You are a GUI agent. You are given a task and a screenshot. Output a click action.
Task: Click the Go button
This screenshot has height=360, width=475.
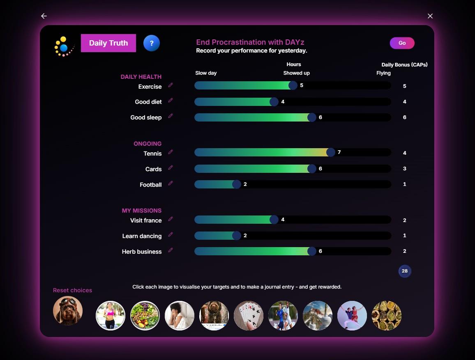[402, 43]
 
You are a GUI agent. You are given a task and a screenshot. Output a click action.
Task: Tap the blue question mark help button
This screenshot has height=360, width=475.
[152, 43]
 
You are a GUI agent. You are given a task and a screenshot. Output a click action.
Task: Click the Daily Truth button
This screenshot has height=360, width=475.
[108, 43]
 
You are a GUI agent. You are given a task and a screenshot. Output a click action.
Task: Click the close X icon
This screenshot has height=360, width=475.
[430, 16]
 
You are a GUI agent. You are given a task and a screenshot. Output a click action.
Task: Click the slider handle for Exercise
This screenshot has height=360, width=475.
[293, 85]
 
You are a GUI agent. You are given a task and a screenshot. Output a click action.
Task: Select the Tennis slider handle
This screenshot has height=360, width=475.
[331, 152]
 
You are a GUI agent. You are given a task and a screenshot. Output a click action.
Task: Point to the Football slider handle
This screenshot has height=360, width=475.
[237, 184]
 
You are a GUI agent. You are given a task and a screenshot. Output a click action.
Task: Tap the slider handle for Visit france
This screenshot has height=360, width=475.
[274, 220]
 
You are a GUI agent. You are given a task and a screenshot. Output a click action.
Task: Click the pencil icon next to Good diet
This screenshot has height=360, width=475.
[171, 100]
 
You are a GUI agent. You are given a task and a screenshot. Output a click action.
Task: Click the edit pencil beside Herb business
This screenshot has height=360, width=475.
[171, 250]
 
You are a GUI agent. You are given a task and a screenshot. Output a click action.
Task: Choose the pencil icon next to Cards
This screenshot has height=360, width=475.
[171, 167]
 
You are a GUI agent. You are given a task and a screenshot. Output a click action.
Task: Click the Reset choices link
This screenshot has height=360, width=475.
[72, 290]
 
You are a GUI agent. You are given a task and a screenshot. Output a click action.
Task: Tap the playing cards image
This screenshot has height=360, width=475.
[249, 316]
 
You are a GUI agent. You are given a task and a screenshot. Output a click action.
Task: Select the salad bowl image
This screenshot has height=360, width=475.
[145, 316]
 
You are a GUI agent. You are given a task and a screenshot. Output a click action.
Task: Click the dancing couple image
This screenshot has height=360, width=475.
[352, 316]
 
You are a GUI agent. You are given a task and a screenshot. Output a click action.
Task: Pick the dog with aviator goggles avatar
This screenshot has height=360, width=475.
[67, 311]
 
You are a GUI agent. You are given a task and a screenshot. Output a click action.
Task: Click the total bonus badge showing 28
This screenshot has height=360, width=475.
[405, 271]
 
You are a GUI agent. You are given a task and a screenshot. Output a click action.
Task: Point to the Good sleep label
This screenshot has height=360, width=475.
[146, 117]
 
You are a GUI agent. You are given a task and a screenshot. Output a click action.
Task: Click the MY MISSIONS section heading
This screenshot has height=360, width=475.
[142, 211]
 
